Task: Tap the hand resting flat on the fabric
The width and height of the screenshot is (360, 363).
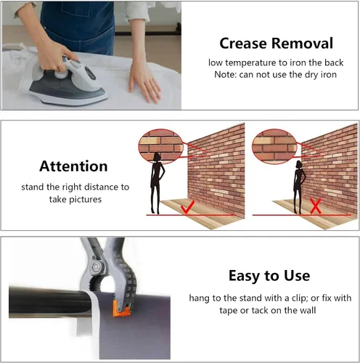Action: click(144, 83)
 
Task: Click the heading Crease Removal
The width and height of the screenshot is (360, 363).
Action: click(276, 44)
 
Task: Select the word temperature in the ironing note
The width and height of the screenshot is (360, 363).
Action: click(253, 62)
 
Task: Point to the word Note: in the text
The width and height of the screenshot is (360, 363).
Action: click(226, 75)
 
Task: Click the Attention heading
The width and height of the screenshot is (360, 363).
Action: click(73, 166)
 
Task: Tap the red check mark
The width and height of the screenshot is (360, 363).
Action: click(187, 208)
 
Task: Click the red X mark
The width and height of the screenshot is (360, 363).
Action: click(315, 206)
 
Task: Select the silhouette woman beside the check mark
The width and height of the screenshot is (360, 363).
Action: click(157, 184)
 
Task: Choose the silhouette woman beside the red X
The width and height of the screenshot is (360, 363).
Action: click(299, 187)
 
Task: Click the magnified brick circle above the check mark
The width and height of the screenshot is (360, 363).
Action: click(161, 146)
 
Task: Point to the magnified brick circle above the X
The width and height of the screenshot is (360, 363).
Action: click(274, 147)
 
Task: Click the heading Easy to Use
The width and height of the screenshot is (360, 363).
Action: click(269, 276)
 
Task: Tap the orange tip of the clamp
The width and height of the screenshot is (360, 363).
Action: click(121, 311)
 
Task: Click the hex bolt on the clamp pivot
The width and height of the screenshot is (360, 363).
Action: click(96, 267)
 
